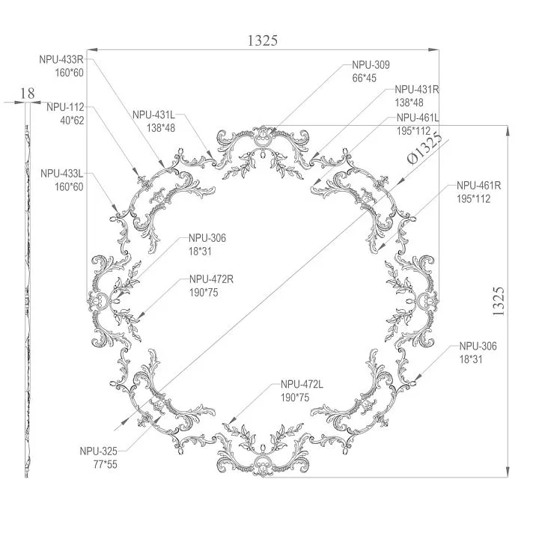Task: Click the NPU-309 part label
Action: (x=371, y=65)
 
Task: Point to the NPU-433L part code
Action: (x=61, y=174)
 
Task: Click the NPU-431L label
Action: (x=153, y=115)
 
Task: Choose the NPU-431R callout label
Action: (x=416, y=90)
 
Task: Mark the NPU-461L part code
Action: (x=418, y=118)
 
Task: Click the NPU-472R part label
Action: (x=213, y=279)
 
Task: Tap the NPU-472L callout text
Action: (x=302, y=384)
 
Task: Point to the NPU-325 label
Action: (x=100, y=451)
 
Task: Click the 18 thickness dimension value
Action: (x=27, y=93)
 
